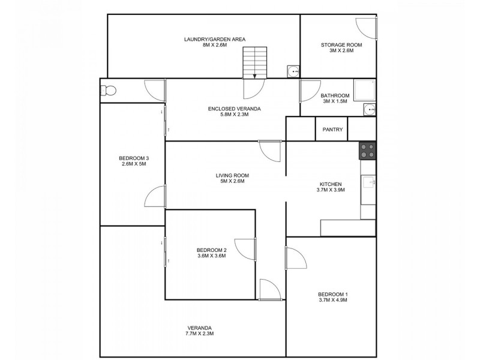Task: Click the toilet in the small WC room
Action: [x=107, y=91]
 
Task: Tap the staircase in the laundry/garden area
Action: [x=254, y=62]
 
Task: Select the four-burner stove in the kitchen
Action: [x=368, y=150]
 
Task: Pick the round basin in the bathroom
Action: [x=370, y=110]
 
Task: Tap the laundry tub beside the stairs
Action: [x=293, y=71]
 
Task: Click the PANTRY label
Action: [x=332, y=129]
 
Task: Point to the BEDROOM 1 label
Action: [x=332, y=294]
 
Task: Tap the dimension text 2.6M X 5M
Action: [x=134, y=164]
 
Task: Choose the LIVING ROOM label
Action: [x=232, y=175]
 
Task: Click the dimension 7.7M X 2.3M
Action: [x=199, y=334]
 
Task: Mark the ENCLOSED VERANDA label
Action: [x=234, y=109]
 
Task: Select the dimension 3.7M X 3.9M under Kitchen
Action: [x=331, y=190]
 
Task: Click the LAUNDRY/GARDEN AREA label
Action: [x=206, y=39]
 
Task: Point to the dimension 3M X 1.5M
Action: [x=335, y=101]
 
